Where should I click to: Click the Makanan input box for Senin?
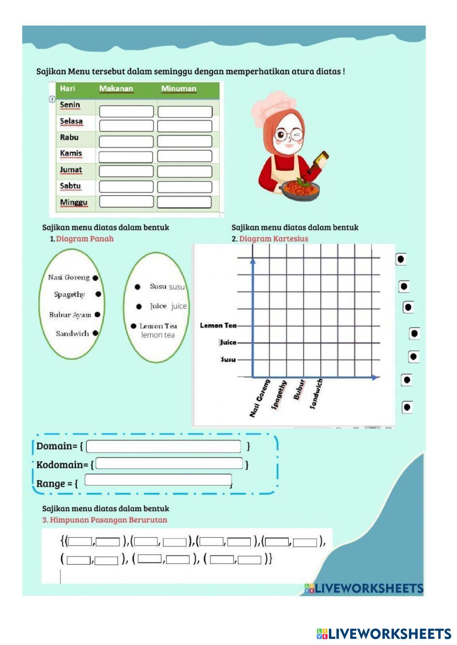tap(126, 111)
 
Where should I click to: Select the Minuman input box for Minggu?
tap(184, 202)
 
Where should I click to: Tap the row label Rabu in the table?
tap(69, 137)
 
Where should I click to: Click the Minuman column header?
tap(178, 89)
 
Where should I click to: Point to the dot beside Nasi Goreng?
tap(95, 278)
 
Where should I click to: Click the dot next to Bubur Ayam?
tap(97, 315)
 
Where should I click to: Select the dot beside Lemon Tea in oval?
tap(134, 326)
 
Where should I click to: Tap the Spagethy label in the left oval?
tap(70, 295)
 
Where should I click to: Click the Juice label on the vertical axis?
tap(228, 342)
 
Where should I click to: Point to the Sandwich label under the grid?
tap(316, 393)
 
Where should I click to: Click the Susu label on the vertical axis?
tap(228, 360)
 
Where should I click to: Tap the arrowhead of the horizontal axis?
tap(375, 377)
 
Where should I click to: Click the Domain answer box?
tap(163, 446)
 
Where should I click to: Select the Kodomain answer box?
tap(169, 463)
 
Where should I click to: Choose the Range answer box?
tap(158, 480)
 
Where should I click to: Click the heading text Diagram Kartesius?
tap(274, 238)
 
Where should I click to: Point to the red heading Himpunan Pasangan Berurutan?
tap(108, 520)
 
